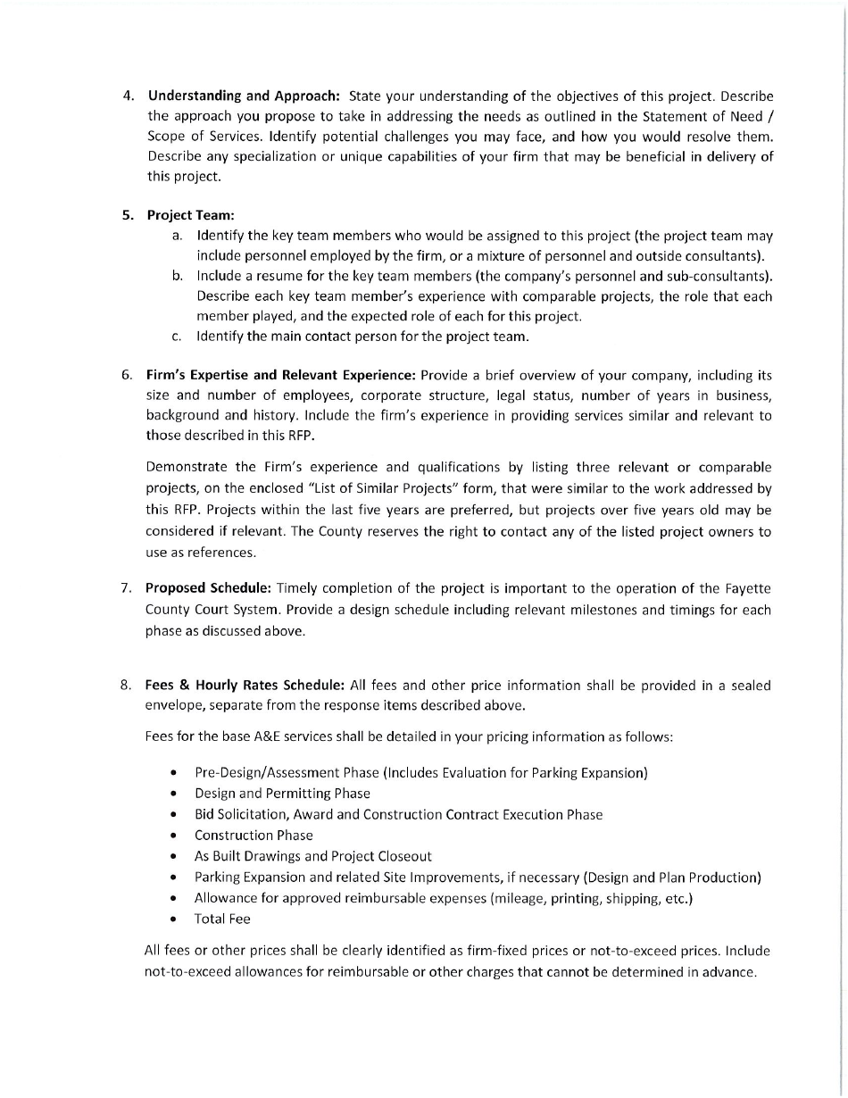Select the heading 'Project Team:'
pyautogui.click(x=190, y=215)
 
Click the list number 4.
pyautogui.click(x=128, y=96)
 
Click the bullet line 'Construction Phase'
pyautogui.click(x=254, y=836)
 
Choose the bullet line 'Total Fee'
pyautogui.click(x=222, y=919)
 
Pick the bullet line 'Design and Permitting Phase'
pyautogui.click(x=282, y=794)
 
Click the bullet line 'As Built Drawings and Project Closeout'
pyautogui.click(x=312, y=856)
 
